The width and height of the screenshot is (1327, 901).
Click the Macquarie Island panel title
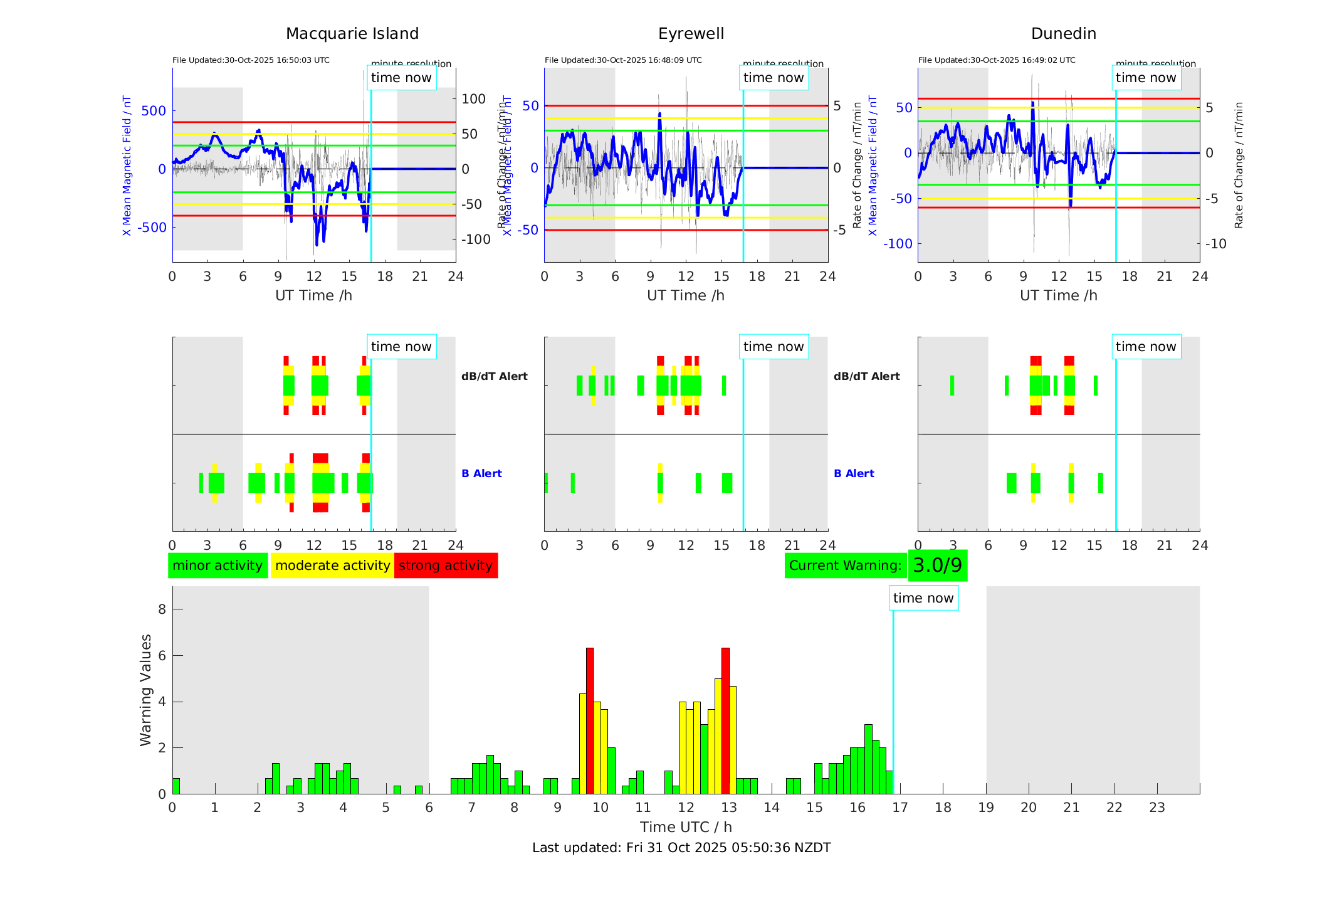click(352, 34)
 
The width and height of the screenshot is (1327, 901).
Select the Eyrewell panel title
click(691, 34)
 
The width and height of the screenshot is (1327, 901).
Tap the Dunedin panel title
click(1063, 34)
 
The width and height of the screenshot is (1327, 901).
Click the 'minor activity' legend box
click(218, 566)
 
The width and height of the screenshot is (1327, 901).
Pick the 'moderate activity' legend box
click(332, 566)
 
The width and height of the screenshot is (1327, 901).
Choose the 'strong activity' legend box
click(446, 566)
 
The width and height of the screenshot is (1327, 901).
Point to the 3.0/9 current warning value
click(937, 566)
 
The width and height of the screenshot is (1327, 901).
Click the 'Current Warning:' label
click(845, 566)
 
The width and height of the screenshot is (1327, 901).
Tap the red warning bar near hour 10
click(589, 721)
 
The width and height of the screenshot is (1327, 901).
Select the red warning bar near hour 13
click(725, 721)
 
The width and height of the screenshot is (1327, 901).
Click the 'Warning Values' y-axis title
click(146, 690)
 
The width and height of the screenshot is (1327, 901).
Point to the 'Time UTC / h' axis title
click(686, 827)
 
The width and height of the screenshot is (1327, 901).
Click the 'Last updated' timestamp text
click(681, 848)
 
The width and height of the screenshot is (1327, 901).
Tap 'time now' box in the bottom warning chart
click(923, 598)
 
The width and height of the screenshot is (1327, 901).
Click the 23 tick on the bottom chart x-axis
click(1157, 808)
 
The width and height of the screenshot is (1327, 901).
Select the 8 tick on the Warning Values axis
click(162, 609)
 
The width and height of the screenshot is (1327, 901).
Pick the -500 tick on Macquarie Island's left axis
click(152, 228)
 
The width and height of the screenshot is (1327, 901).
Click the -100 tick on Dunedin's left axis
click(898, 244)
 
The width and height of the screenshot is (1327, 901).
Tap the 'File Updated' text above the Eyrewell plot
click(623, 60)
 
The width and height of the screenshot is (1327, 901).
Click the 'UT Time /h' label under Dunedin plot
click(1058, 295)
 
